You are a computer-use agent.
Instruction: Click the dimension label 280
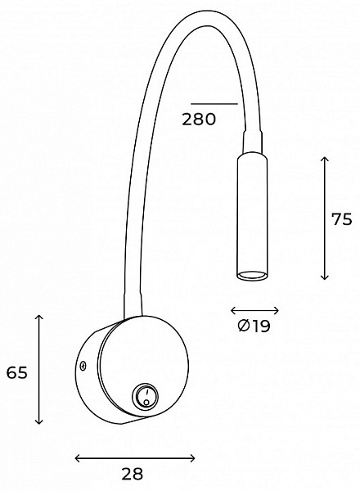coord(199,119)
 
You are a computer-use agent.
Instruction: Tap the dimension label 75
coord(342,219)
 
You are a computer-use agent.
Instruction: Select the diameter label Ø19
coord(254,327)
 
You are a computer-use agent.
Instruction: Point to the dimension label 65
coord(17,372)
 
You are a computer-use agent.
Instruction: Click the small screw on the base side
coord(83,366)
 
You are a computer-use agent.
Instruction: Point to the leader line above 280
coord(214,103)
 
